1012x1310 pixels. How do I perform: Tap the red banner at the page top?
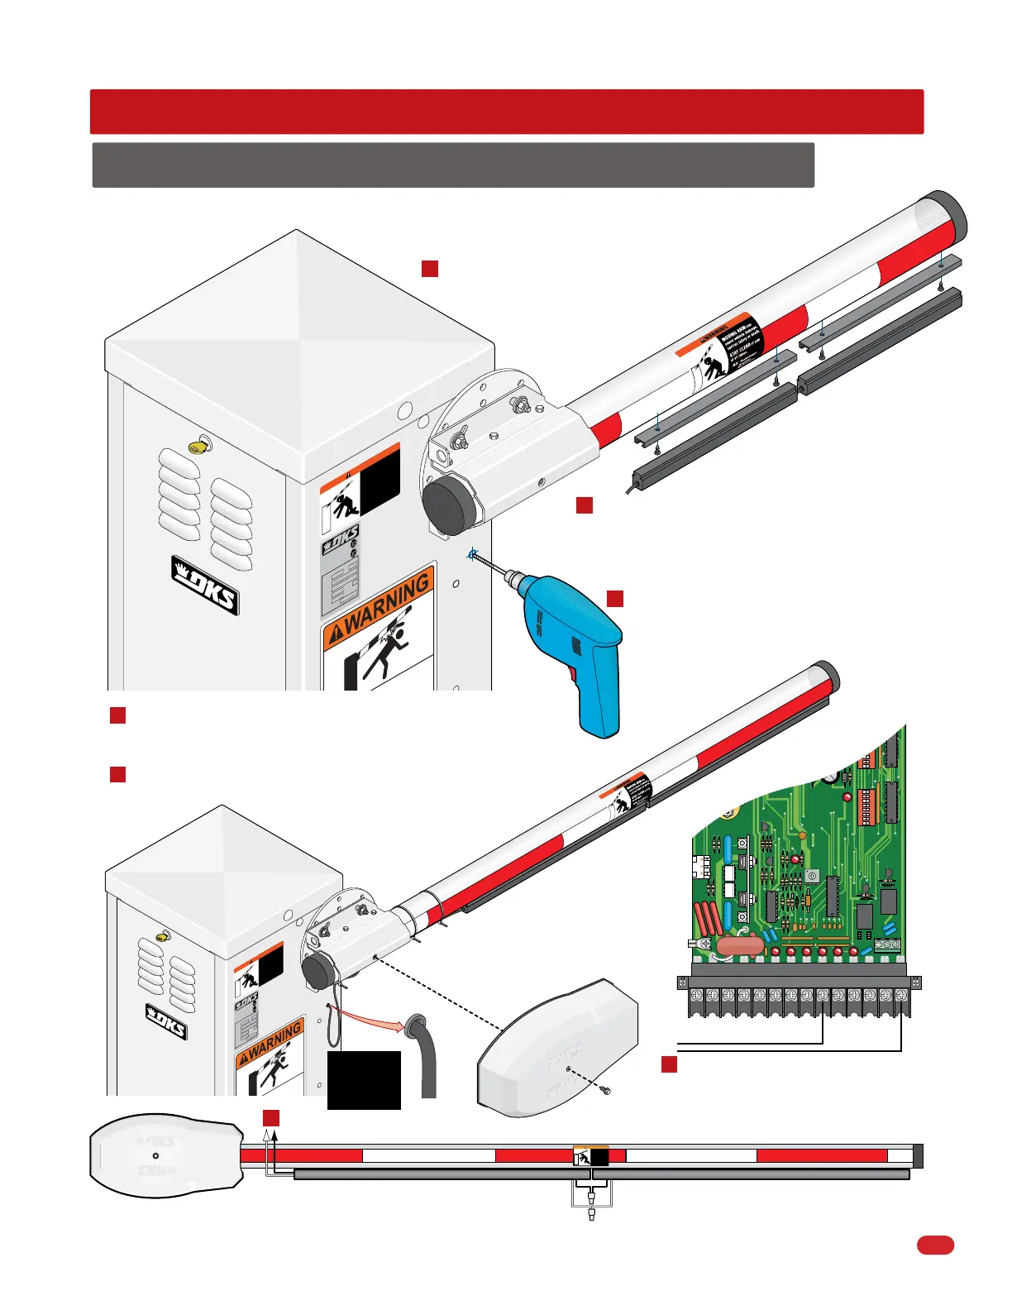click(x=506, y=112)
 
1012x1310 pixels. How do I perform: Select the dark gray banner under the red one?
click(x=453, y=165)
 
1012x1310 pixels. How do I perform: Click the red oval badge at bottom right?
click(x=935, y=1245)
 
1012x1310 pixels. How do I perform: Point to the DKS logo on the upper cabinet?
click(x=206, y=585)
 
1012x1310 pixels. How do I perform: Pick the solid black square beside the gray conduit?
click(x=364, y=1079)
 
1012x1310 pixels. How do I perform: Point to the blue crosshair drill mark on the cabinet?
click(x=472, y=555)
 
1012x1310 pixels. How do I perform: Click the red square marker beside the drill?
click(x=615, y=599)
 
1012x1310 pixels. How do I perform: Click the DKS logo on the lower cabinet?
click(x=166, y=1021)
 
